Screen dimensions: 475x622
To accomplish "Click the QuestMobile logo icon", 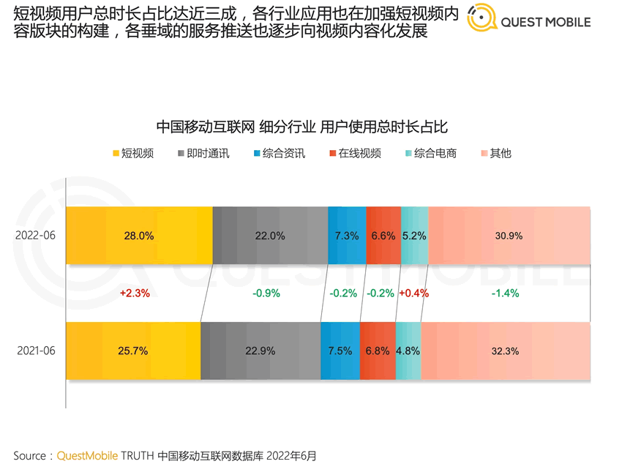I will tap(482, 20).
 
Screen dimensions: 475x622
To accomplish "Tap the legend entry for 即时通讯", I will tap(203, 154).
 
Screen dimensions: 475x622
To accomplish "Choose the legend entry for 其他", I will tap(495, 154).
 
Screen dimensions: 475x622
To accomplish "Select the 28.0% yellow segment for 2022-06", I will tap(139, 236).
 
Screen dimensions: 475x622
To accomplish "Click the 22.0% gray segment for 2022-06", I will tap(270, 236).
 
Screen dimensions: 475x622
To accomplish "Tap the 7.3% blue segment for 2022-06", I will tap(347, 236).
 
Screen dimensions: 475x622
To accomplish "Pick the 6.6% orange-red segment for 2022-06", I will tap(383, 236).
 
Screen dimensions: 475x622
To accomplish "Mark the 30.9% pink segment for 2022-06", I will tap(509, 236).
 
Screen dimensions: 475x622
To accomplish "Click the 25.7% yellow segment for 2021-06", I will tap(133, 351).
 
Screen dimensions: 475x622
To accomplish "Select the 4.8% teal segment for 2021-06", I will tap(408, 351).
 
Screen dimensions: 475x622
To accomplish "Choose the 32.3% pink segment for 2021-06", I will tap(505, 351).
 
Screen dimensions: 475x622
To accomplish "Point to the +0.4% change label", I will tap(413, 293).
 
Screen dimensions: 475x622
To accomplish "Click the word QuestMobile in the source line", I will tap(87, 455).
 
